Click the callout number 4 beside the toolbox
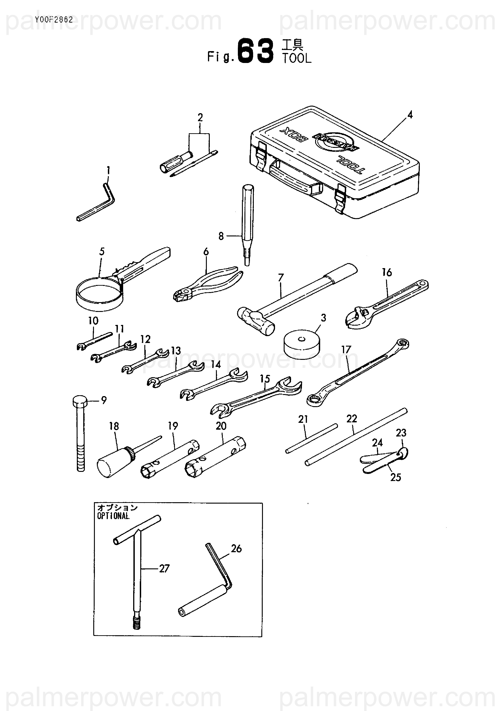(410, 115)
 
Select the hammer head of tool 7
(256, 322)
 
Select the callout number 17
(346, 350)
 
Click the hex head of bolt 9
(80, 402)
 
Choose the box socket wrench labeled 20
(215, 457)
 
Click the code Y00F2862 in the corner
(54, 20)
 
